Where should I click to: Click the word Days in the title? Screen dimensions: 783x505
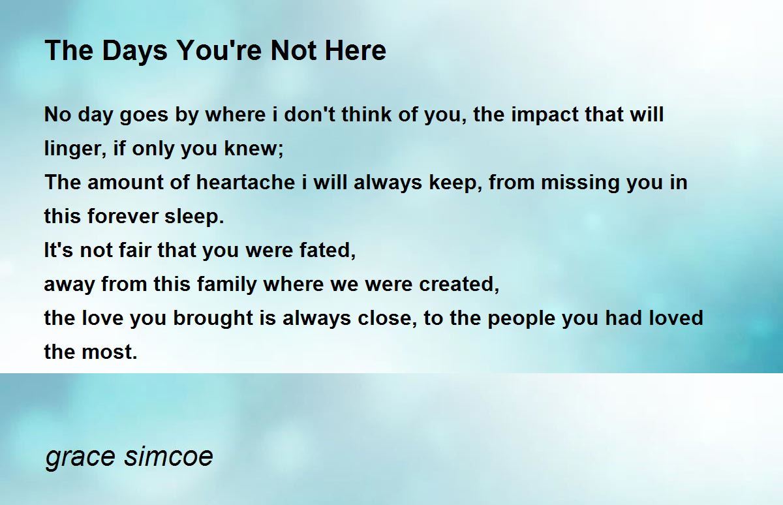tap(134, 52)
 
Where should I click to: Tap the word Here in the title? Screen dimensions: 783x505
tap(355, 50)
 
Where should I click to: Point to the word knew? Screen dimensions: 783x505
tap(253, 148)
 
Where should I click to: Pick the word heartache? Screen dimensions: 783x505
tap(245, 182)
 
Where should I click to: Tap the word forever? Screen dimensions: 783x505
tap(123, 216)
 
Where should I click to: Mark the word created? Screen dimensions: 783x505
tap(459, 284)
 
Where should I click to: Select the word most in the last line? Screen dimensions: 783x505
tap(109, 352)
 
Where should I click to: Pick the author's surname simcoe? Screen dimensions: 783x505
tap(168, 455)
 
